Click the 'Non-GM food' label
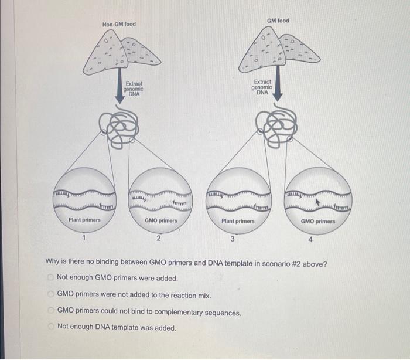(119, 24)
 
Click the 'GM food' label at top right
(278, 21)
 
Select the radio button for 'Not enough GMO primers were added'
(52, 277)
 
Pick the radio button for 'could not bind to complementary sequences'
(52, 313)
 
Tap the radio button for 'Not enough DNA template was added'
(52, 327)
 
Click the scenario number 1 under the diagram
(84, 237)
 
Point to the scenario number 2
(158, 237)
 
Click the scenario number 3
(233, 239)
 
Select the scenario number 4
(311, 239)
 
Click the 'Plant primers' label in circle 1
(84, 220)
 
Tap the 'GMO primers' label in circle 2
(160, 220)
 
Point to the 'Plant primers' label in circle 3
(238, 221)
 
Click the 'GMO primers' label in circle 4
(318, 222)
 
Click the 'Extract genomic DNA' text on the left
(134, 89)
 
